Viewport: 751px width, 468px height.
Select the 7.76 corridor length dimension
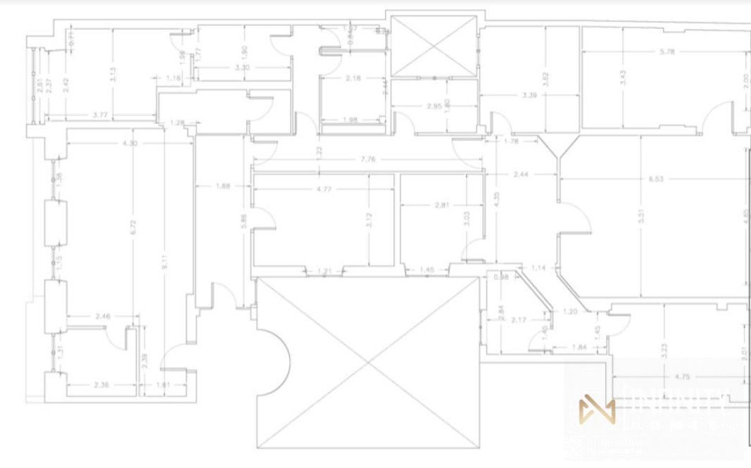(x=367, y=160)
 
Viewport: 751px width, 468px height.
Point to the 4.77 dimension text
(x=324, y=189)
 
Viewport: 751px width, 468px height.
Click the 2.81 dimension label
(x=442, y=205)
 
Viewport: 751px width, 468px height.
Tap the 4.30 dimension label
(x=130, y=144)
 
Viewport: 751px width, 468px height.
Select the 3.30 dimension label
(x=241, y=68)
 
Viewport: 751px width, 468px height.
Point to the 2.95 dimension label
(x=434, y=106)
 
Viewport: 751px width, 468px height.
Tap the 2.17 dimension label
(x=519, y=321)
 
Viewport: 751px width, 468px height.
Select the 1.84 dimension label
(x=579, y=348)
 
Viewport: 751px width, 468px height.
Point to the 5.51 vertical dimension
(x=640, y=217)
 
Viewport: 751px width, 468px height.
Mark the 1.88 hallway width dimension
(x=223, y=186)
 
